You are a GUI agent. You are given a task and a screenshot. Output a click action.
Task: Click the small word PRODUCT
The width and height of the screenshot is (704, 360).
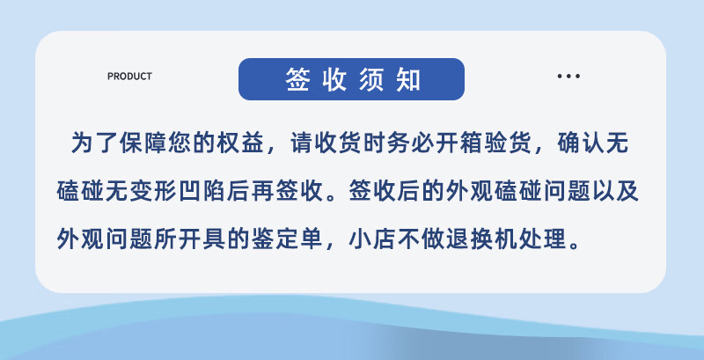point(129,77)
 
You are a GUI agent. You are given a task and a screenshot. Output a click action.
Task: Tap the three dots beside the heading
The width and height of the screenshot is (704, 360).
point(568,77)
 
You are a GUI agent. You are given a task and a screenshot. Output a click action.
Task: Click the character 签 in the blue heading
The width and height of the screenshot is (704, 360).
point(297,79)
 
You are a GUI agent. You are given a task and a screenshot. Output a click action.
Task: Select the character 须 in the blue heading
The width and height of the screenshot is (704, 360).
point(370,79)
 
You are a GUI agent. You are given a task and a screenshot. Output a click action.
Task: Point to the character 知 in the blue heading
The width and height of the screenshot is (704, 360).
point(408,79)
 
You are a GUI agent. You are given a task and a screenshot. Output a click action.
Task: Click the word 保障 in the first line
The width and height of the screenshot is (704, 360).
point(143,143)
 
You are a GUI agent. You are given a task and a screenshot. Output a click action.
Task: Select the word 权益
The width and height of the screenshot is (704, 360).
point(240,143)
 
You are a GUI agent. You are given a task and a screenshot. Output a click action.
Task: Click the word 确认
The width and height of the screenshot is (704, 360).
point(580,143)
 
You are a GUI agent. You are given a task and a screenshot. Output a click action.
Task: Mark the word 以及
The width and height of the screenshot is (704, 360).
point(615,192)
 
